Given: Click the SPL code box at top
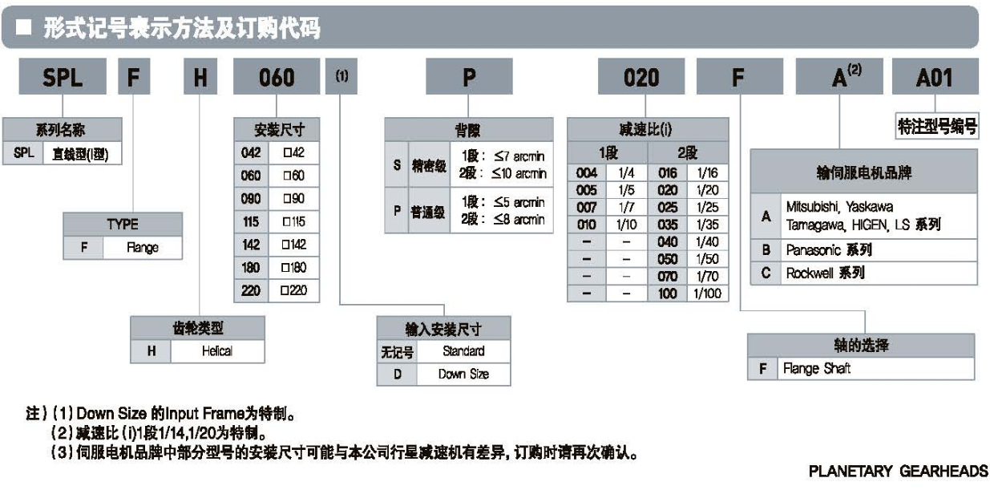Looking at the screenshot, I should click(63, 78).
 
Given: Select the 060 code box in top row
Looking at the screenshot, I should click(277, 78).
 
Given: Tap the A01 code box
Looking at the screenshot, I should click(935, 78).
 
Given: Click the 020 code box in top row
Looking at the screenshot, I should click(641, 78).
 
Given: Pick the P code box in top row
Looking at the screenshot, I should click(469, 78).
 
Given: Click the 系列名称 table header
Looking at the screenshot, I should click(63, 129).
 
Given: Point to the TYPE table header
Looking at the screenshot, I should click(123, 225).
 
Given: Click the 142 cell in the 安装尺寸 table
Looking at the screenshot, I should click(251, 245).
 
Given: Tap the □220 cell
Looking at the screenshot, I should click(293, 290).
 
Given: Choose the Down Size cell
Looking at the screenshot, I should click(463, 374).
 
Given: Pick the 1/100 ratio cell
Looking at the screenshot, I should click(706, 294).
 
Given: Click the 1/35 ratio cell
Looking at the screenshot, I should click(706, 225).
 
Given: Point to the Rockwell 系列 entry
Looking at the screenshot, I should click(825, 273).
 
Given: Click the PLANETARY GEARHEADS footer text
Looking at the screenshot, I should click(898, 472).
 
